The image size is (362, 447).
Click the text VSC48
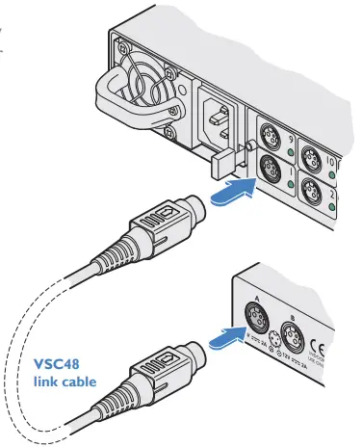click(60, 366)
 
